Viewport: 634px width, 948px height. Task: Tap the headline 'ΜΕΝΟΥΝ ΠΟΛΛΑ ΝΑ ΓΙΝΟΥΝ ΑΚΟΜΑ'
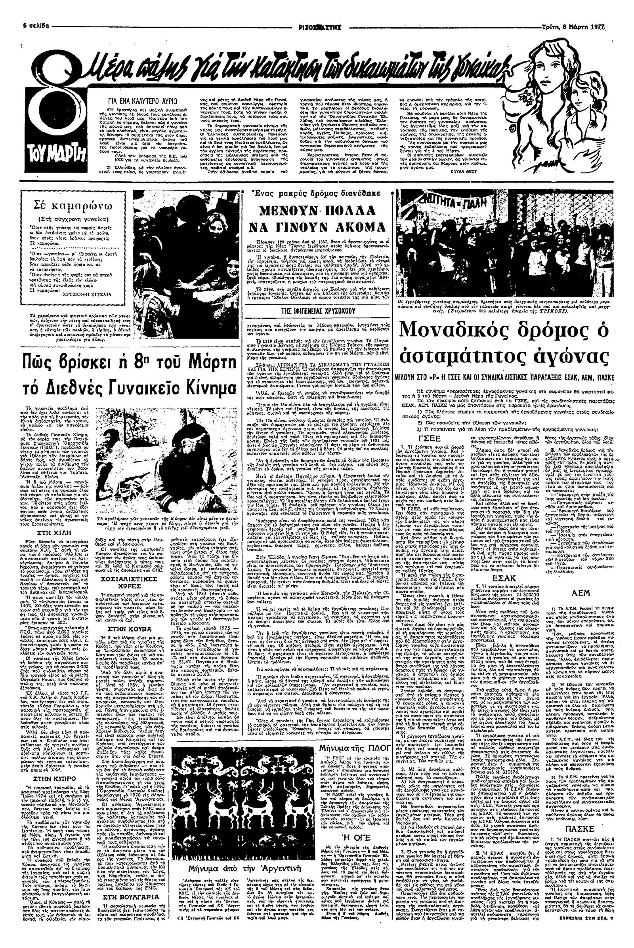click(x=317, y=218)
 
